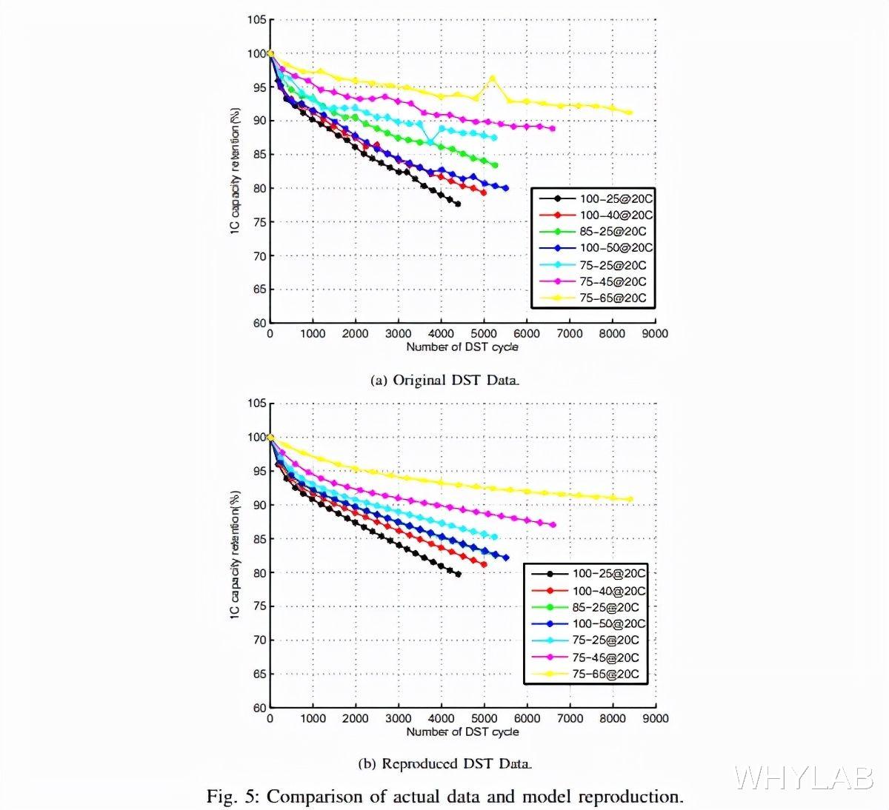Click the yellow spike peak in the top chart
click(x=492, y=78)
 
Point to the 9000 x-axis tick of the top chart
click(x=655, y=334)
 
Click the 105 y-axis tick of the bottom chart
click(x=256, y=404)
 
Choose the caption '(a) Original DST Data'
click(x=444, y=381)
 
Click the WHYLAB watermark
click(x=804, y=778)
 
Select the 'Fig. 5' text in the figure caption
click(x=231, y=797)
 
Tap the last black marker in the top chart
click(x=458, y=204)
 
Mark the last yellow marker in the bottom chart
click(x=630, y=499)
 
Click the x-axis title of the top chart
click(x=462, y=347)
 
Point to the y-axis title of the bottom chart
click(x=235, y=554)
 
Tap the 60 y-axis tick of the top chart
click(x=259, y=323)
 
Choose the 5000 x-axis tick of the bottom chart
click(x=484, y=718)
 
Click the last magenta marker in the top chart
click(x=552, y=129)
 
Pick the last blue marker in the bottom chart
click(x=506, y=558)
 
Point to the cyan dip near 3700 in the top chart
click(x=430, y=142)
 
